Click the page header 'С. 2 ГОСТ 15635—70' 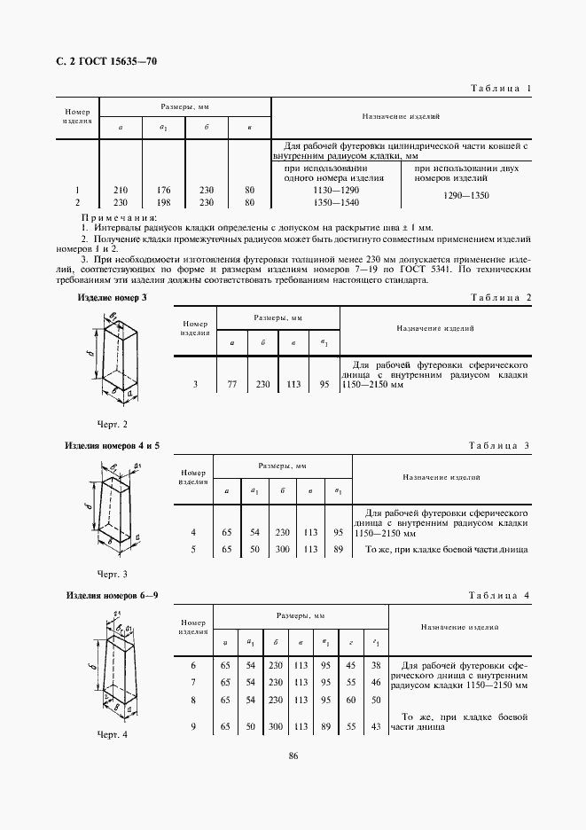click(100, 61)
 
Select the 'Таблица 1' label click(498, 89)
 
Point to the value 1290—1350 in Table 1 click(466, 196)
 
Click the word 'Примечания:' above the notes click(119, 217)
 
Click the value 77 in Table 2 click(232, 385)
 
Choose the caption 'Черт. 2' click(113, 425)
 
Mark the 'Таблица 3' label click(499, 445)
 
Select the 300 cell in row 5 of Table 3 click(282, 549)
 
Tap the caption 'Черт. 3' click(113, 574)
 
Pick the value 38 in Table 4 click(376, 665)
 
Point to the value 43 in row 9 click(376, 726)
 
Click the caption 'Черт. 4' click(113, 735)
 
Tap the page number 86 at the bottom click(292, 779)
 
